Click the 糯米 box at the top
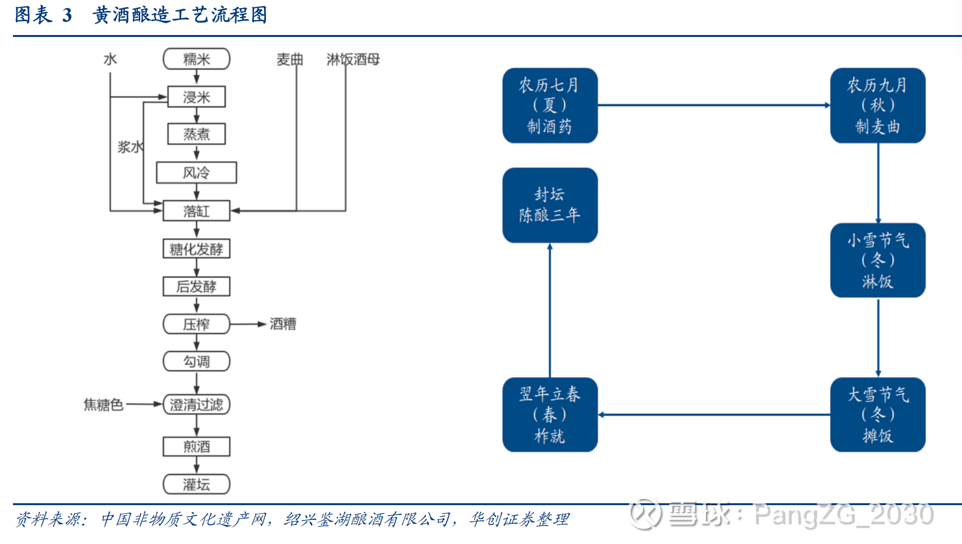coord(196,59)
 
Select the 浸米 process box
coord(196,97)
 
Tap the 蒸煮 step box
coord(196,134)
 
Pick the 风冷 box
coord(196,172)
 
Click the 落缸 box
coord(196,211)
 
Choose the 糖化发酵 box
coord(196,249)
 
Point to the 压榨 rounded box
coord(196,324)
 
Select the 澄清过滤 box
coord(196,404)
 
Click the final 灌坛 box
coord(196,484)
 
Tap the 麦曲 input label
coord(289,59)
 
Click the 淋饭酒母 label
coord(353,59)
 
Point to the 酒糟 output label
coord(283,324)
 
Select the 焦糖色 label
coord(103,404)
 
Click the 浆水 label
coord(130,147)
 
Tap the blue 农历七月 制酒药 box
coord(550,106)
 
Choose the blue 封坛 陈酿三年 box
coord(550,205)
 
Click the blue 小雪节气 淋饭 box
coord(878,260)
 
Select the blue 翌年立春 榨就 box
coord(550,414)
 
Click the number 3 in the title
coord(67,15)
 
